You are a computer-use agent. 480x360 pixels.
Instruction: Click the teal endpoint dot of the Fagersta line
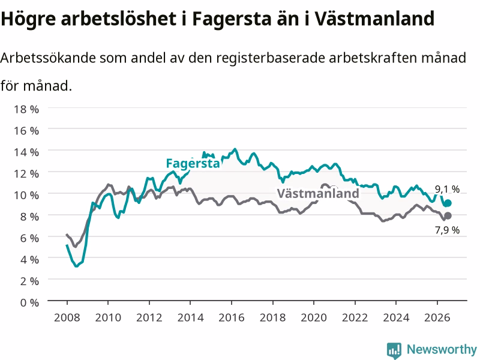pyautogui.click(x=448, y=203)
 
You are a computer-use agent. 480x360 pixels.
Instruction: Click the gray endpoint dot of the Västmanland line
pyautogui.click(x=448, y=216)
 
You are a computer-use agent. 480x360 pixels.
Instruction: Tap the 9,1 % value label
pyautogui.click(x=447, y=189)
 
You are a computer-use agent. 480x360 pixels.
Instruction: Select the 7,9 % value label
pyautogui.click(x=447, y=230)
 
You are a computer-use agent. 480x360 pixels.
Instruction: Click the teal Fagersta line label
pyautogui.click(x=193, y=163)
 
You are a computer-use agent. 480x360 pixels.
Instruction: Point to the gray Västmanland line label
pyautogui.click(x=318, y=193)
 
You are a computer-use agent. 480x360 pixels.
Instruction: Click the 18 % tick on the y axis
pyautogui.click(x=26, y=109)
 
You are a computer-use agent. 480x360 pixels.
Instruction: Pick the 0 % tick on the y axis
pyautogui.click(x=29, y=302)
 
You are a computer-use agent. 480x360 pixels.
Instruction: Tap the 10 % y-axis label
pyautogui.click(x=26, y=195)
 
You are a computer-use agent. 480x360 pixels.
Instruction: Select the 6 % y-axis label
pyautogui.click(x=29, y=238)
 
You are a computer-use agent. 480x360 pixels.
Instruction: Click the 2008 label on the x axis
pyautogui.click(x=67, y=317)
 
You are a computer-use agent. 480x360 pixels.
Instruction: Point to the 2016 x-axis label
pyautogui.click(x=232, y=317)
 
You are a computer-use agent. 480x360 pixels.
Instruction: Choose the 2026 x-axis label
pyautogui.click(x=437, y=317)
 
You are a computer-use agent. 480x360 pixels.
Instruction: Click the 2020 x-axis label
pyautogui.click(x=314, y=317)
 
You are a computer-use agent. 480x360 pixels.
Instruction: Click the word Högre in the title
pyautogui.click(x=28, y=19)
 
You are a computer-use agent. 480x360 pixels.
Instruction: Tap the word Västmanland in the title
pyautogui.click(x=374, y=19)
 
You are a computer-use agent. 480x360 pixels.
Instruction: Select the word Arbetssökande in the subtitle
pyautogui.click(x=48, y=58)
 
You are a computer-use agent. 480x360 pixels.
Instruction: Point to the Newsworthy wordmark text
pyautogui.click(x=442, y=349)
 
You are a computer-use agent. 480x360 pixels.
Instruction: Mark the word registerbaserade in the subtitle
pyautogui.click(x=271, y=58)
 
